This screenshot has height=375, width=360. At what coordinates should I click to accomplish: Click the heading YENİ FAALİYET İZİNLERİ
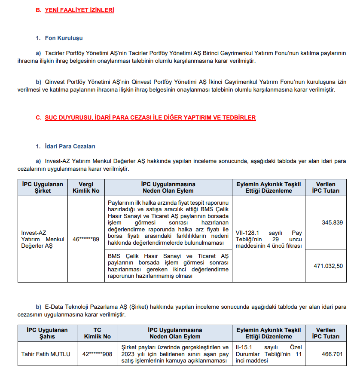click(79, 9)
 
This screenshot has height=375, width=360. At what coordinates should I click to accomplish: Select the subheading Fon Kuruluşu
click(64, 38)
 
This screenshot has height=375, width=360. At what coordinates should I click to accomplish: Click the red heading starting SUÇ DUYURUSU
click(150, 117)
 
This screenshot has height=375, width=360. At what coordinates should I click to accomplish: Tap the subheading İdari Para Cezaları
click(70, 147)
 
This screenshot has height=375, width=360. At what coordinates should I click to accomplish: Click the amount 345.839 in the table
click(332, 222)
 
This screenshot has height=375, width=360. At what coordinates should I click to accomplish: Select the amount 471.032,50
click(328, 266)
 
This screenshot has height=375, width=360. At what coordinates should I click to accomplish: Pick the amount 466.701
click(332, 354)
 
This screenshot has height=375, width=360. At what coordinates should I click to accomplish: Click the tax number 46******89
click(86, 239)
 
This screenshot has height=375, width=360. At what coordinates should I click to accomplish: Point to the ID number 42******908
click(97, 354)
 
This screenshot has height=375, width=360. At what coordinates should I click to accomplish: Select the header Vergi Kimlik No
click(86, 187)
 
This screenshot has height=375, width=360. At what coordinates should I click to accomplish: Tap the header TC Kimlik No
click(97, 333)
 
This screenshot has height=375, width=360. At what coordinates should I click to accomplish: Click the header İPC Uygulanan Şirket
click(43, 187)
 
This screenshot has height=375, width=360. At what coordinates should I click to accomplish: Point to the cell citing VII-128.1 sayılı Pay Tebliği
click(268, 239)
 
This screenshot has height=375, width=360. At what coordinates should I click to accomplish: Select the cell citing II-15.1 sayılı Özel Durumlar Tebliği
click(268, 354)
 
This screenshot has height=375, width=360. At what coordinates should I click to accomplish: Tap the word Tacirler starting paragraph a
click(55, 53)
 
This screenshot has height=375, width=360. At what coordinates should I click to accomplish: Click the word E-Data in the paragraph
click(55, 307)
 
